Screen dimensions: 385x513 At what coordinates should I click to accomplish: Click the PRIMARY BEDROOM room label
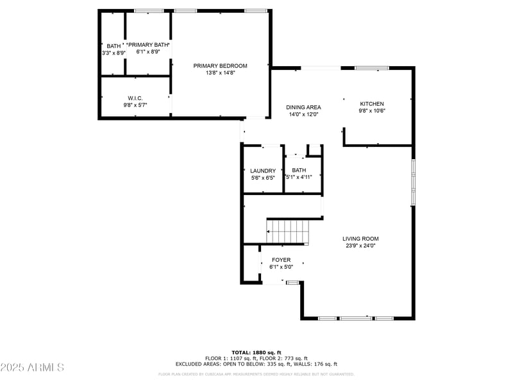coord(220,66)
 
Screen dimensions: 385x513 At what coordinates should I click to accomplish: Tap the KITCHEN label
coord(371,104)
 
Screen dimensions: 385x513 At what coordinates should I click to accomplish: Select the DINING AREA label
coord(303,107)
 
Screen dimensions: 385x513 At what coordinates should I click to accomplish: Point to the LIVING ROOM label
coord(360,239)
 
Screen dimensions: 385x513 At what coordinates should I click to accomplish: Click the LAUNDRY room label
coord(263,171)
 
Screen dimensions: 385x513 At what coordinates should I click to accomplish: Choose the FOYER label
coord(281,260)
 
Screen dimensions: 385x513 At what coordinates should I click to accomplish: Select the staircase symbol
coord(287,231)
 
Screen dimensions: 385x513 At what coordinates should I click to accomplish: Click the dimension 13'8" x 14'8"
coord(220,73)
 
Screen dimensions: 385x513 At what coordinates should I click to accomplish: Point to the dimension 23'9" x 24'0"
coord(360,246)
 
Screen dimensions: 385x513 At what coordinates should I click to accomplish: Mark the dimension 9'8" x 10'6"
coord(371,111)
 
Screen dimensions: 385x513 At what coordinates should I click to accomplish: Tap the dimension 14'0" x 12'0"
coord(303,114)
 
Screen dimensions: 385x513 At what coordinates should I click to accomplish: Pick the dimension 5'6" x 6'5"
coord(263,178)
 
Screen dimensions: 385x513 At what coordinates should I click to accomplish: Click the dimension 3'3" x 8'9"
coord(114,53)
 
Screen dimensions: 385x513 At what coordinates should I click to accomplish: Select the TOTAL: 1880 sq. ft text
coord(256,352)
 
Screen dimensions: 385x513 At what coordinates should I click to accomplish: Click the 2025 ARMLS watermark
coord(32,367)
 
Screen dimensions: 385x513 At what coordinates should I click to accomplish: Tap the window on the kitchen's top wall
coord(372,68)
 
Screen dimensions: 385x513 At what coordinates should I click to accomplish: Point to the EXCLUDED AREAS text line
coord(256,364)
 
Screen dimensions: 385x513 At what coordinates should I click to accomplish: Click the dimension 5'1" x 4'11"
coord(299,177)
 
